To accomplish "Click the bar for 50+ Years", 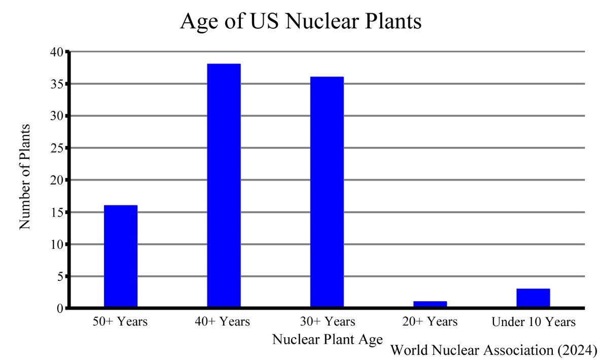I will (121, 256).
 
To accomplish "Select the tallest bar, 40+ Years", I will (224, 186).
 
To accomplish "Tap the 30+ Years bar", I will (327, 192).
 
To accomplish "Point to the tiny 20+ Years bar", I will (430, 304).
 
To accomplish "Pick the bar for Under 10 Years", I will (533, 298).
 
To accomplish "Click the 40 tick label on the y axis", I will (57, 52).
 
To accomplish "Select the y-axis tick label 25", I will (57, 149).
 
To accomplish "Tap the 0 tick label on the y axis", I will (60, 308).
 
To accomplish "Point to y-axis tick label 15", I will (57, 212).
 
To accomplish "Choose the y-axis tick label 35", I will (57, 84).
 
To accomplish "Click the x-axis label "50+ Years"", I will (120, 321).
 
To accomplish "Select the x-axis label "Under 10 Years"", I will (534, 321).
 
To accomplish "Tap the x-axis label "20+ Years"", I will (430, 321).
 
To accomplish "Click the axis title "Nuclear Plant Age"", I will (327, 339).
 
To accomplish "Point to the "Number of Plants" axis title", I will (25, 176).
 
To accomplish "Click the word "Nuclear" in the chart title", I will (321, 22).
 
